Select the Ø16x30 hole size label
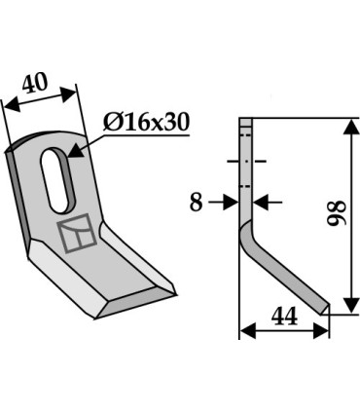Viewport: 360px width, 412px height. (145, 123)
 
